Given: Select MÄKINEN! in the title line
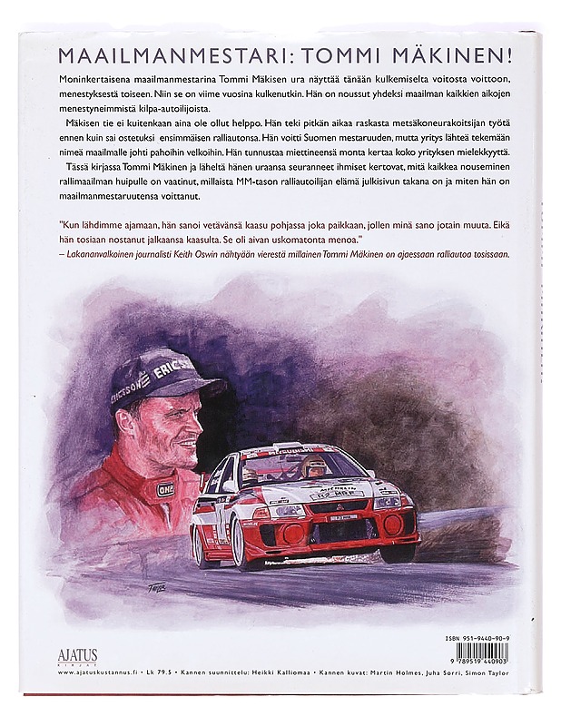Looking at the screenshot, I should click(463, 54).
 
